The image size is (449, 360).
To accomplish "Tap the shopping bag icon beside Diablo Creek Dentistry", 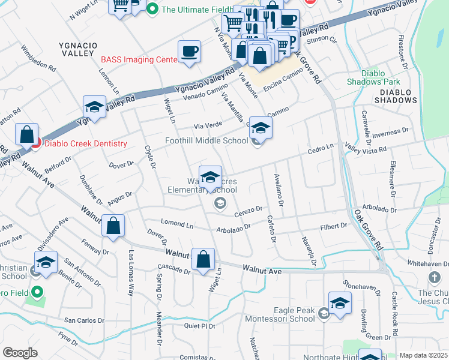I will click(27, 135).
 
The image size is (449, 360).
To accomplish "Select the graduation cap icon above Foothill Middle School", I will click(261, 128).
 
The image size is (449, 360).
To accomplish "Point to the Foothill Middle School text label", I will click(206, 141).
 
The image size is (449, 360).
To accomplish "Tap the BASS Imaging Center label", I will click(139, 59).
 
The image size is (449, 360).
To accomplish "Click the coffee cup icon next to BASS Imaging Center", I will click(190, 52).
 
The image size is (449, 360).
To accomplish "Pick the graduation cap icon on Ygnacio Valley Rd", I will click(94, 107).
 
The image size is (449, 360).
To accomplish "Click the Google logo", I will click(20, 353).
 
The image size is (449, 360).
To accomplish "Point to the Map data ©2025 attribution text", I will click(423, 355).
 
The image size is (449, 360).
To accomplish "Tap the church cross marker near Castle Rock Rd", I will click(434, 278).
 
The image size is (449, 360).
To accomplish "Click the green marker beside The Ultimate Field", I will click(152, 9).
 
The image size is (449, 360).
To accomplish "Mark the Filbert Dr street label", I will click(334, 226).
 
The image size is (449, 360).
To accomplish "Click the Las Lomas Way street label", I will click(130, 273).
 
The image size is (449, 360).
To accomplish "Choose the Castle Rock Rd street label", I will click(395, 314).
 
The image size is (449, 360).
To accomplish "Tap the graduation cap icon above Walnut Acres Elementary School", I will click(210, 177).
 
